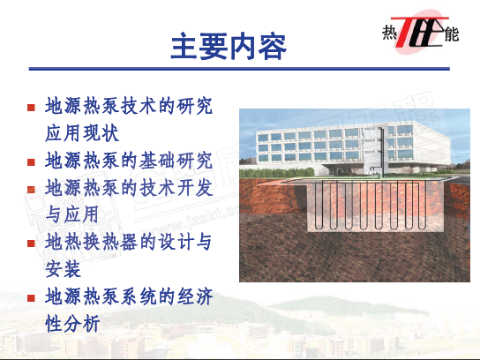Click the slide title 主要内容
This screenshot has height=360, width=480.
point(229,47)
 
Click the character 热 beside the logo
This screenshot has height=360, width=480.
point(389,33)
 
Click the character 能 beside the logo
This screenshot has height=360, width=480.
point(452,34)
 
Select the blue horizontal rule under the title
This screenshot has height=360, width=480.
point(239,69)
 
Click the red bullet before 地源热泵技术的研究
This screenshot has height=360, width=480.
point(31,108)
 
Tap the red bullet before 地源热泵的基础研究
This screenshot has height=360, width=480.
point(31,162)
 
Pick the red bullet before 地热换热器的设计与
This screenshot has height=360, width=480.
point(31,244)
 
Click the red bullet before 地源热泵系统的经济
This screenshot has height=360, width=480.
point(31,298)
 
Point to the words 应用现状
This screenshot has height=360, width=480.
point(82,133)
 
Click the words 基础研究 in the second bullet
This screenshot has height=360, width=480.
point(176,161)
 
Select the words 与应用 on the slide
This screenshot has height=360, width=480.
point(72,214)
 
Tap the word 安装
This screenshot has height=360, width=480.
point(63,269)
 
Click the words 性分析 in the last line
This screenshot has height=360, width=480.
point(72,324)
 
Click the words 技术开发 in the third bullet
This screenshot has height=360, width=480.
point(176,187)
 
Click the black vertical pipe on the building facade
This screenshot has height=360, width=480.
point(381,152)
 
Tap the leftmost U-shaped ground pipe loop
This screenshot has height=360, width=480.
point(319,205)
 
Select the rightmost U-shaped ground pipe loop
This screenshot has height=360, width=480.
point(423,205)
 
